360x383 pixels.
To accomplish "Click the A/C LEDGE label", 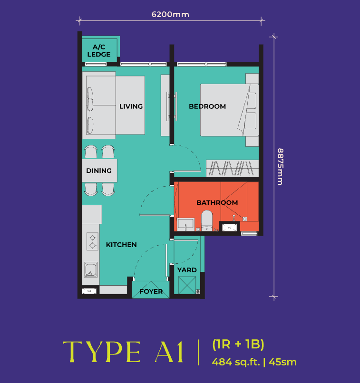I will click(99, 50).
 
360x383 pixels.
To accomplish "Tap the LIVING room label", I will click(131, 106).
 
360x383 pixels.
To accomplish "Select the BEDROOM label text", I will click(207, 106).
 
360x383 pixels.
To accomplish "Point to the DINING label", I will click(99, 171).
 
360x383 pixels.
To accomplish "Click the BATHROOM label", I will click(217, 202).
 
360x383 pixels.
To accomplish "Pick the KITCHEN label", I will click(121, 245).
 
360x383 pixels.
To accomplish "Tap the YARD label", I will click(187, 270).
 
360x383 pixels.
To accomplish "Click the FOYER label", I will click(151, 291).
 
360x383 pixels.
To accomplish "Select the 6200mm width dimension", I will click(170, 14).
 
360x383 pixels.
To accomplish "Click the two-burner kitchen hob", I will click(91, 241).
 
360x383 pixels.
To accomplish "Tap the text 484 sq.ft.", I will click(236, 362).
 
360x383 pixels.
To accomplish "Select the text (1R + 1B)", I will click(238, 345).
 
